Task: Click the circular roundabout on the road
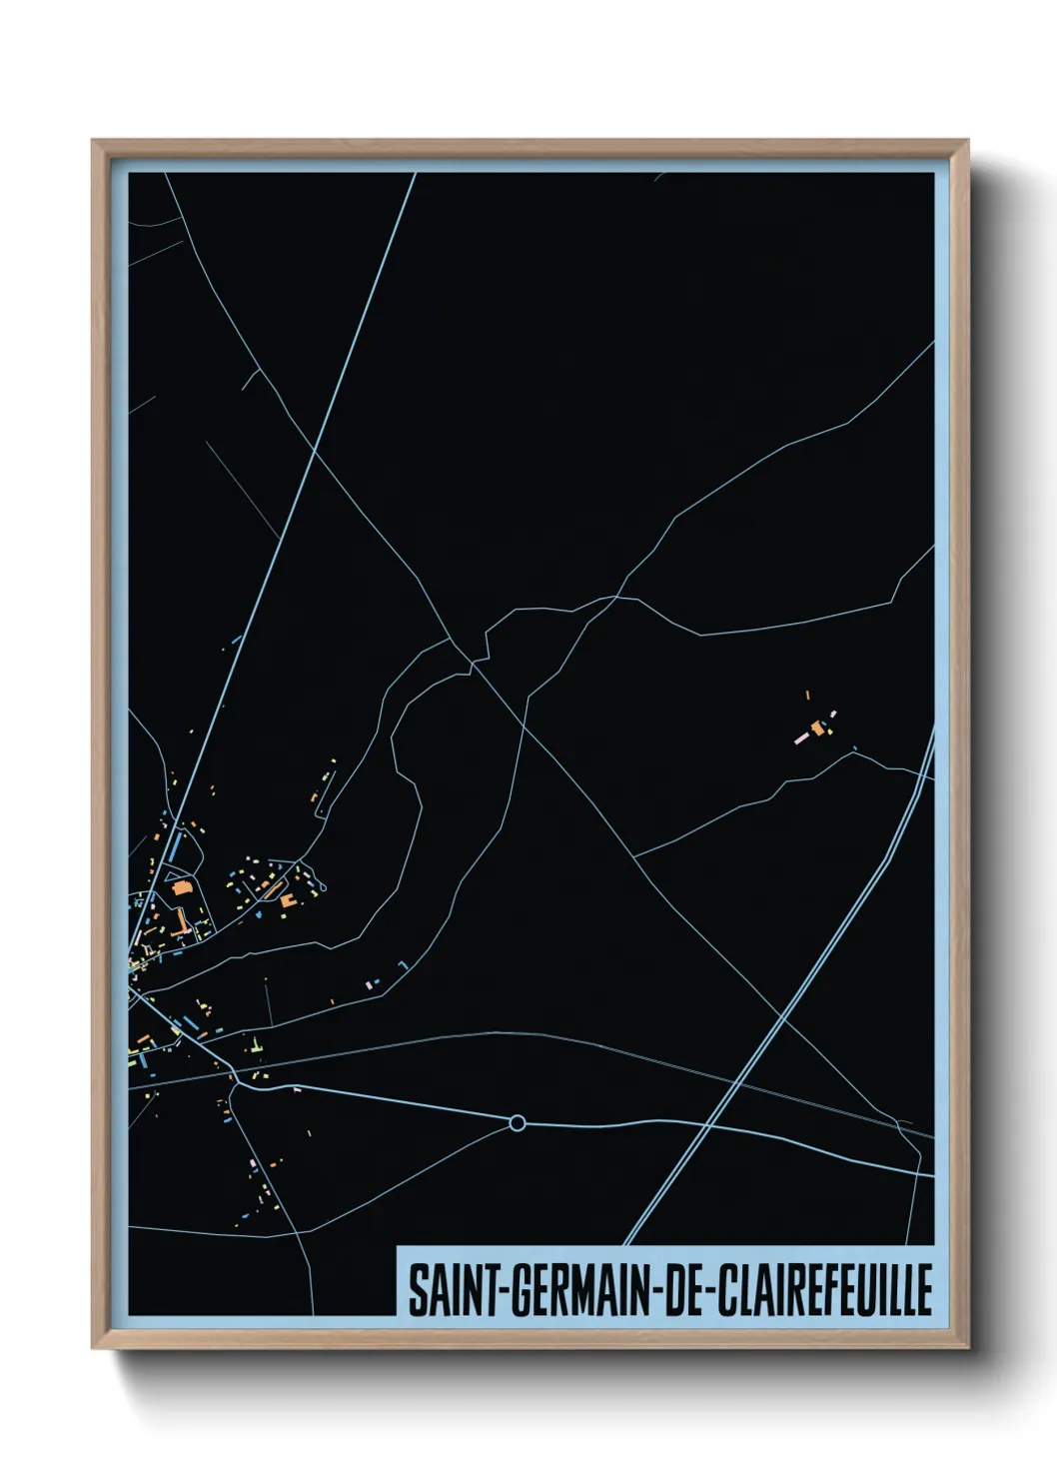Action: (517, 1123)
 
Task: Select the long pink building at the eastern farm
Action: (801, 739)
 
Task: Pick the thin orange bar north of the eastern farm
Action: (807, 694)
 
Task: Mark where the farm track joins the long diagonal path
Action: (635, 856)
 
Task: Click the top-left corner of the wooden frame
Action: (93, 141)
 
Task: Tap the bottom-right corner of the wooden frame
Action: (968, 1348)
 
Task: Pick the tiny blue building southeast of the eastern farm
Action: (855, 748)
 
